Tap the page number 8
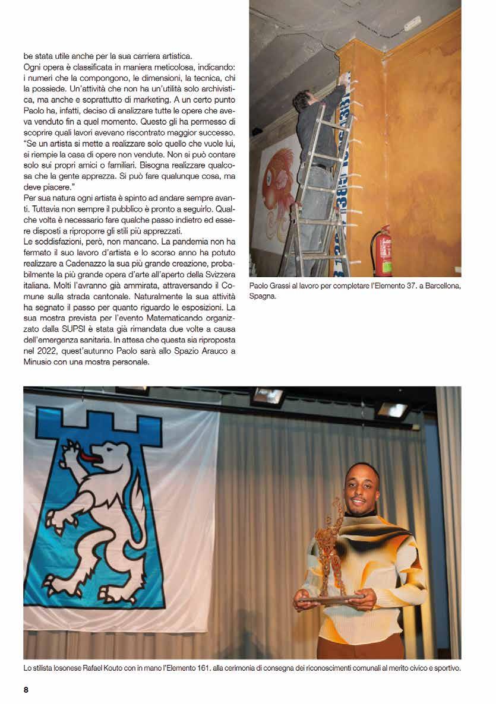pyautogui.click(x=26, y=689)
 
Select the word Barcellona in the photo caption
pyautogui.click(x=440, y=286)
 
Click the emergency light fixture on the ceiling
pyautogui.click(x=412, y=24)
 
